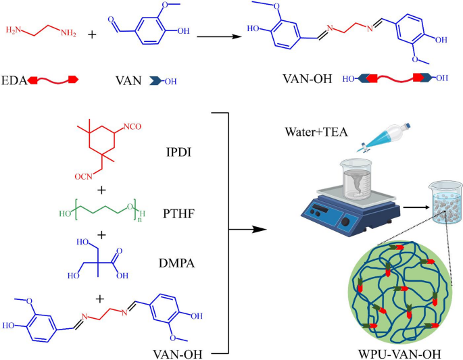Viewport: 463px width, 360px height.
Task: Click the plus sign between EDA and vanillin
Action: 92,32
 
